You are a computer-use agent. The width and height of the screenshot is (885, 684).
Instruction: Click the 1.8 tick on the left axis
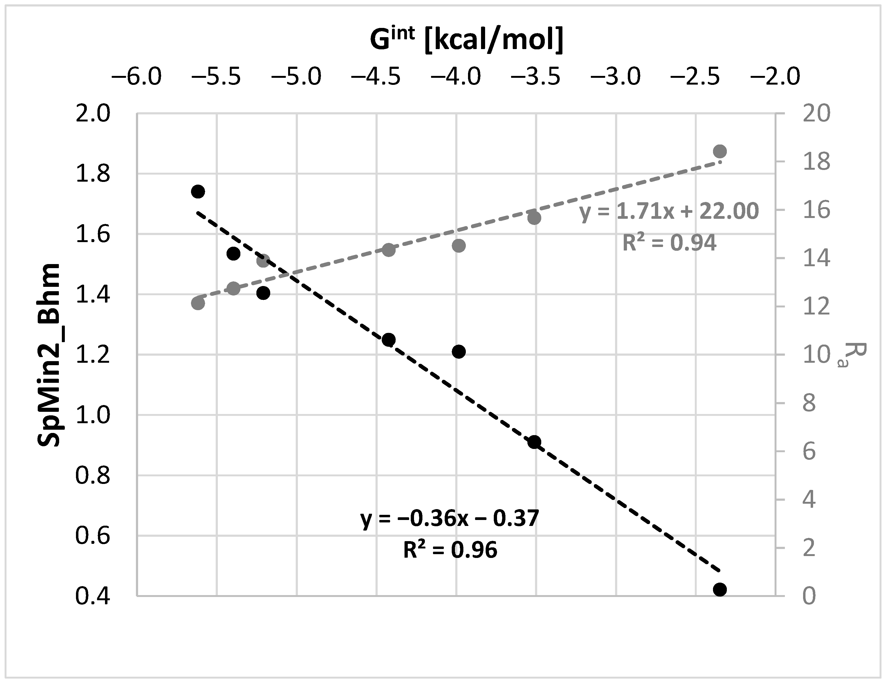(93, 174)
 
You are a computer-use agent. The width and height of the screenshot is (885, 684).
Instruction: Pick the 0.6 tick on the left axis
(93, 536)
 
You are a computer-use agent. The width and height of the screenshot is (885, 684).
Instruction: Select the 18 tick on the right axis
(816, 162)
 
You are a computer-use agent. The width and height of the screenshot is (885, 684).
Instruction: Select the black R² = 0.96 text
(450, 550)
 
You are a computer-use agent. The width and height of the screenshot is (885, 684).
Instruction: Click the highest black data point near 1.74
(198, 192)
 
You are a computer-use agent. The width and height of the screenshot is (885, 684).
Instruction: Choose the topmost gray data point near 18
(720, 152)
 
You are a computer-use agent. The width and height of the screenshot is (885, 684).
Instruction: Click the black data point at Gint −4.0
(458, 352)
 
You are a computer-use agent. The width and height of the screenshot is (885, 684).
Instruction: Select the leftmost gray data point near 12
(198, 303)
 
